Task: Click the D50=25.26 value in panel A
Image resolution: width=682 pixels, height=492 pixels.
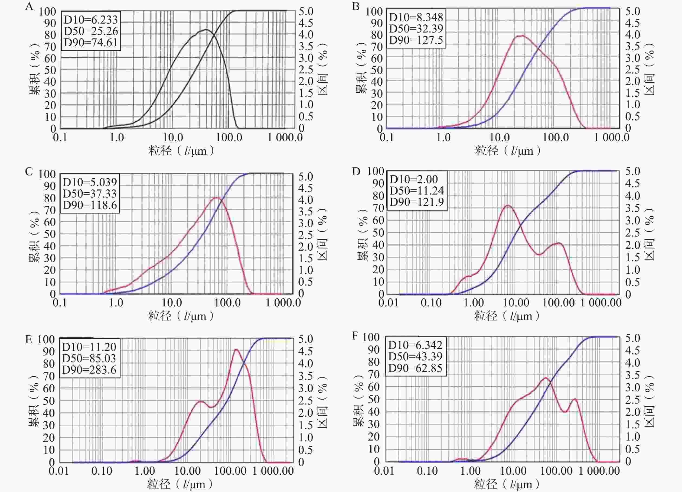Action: (91, 31)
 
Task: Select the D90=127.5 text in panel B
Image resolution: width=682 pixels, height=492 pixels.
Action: (416, 40)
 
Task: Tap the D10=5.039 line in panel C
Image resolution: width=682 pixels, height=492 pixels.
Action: (90, 182)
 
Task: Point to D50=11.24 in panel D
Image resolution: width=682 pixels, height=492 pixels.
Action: (416, 190)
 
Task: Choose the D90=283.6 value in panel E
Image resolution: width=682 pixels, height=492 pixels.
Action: (89, 370)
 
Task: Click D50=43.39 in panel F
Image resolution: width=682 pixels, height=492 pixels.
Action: (415, 356)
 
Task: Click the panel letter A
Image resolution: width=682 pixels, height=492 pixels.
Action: (29, 6)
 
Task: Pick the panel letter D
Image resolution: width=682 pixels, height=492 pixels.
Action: (356, 171)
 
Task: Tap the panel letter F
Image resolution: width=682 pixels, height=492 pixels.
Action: (355, 335)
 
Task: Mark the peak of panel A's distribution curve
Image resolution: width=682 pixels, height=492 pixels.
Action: (206, 30)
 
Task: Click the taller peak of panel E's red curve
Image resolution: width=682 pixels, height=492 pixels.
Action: (236, 349)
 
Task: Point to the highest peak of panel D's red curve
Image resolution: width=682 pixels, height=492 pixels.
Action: (508, 206)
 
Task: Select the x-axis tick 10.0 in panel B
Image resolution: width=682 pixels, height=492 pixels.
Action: (500, 138)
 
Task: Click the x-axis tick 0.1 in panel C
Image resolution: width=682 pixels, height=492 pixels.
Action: (60, 302)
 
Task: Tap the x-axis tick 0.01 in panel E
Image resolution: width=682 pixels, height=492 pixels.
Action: (59, 471)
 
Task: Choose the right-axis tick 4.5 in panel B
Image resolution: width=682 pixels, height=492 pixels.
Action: (632, 23)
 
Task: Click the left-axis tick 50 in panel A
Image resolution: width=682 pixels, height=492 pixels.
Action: (50, 70)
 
